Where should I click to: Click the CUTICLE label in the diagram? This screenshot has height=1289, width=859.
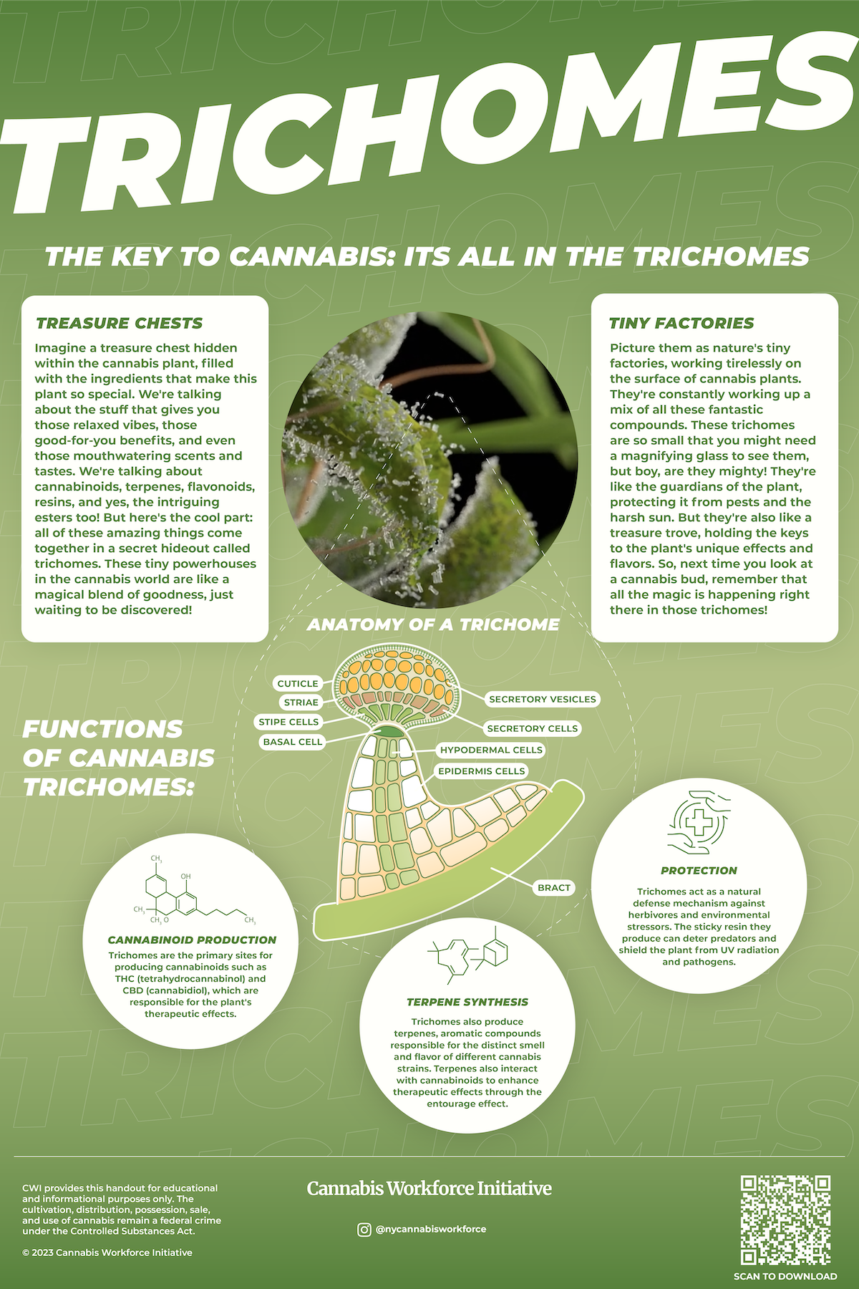(x=298, y=683)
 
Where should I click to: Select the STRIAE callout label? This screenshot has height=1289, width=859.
(x=301, y=703)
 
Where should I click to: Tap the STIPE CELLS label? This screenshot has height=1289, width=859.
(x=288, y=722)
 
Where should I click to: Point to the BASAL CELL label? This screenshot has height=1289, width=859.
(x=293, y=742)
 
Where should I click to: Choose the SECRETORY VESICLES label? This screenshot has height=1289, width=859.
(x=542, y=699)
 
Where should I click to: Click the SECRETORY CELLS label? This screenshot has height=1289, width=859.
(x=532, y=728)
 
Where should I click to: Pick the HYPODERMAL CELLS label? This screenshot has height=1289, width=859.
(x=491, y=750)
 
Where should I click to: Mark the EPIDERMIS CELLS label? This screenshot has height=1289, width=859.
(x=482, y=771)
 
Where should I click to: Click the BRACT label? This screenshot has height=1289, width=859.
(x=554, y=887)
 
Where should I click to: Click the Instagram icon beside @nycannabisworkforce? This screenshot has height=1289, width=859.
(x=364, y=1229)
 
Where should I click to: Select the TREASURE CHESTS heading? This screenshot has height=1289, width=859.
(x=120, y=323)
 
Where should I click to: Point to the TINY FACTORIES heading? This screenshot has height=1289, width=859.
(x=681, y=323)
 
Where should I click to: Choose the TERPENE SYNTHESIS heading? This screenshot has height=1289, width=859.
(x=467, y=1002)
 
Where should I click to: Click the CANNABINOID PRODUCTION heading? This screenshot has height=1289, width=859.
(x=192, y=940)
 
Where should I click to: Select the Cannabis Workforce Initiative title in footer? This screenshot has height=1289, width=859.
(x=429, y=1188)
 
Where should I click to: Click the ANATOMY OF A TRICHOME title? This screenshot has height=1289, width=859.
(x=433, y=624)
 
